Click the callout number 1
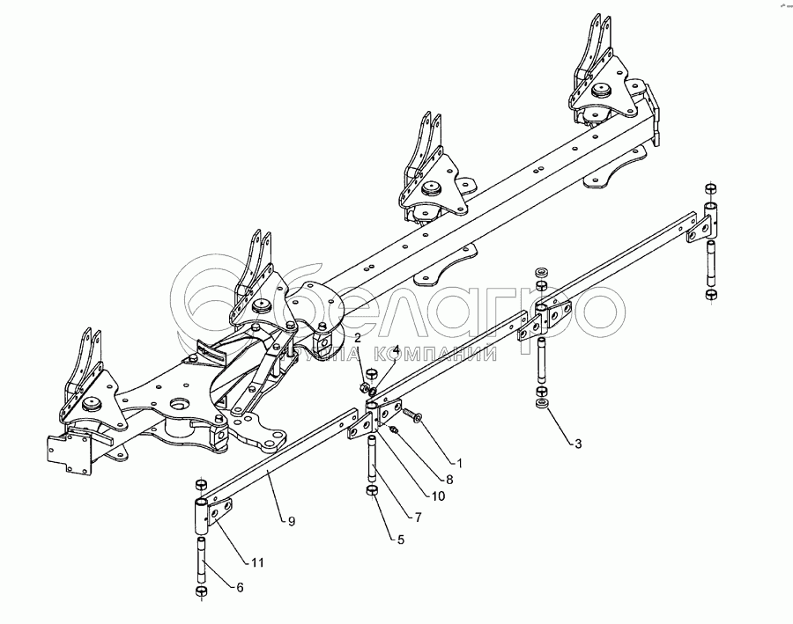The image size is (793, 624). [457, 461]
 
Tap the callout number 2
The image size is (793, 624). [358, 338]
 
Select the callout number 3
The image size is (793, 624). [578, 444]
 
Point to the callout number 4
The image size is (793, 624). [396, 349]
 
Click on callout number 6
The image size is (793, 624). [241, 587]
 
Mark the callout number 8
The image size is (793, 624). [448, 480]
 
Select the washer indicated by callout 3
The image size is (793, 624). [541, 404]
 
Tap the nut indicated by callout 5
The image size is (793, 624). [373, 488]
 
